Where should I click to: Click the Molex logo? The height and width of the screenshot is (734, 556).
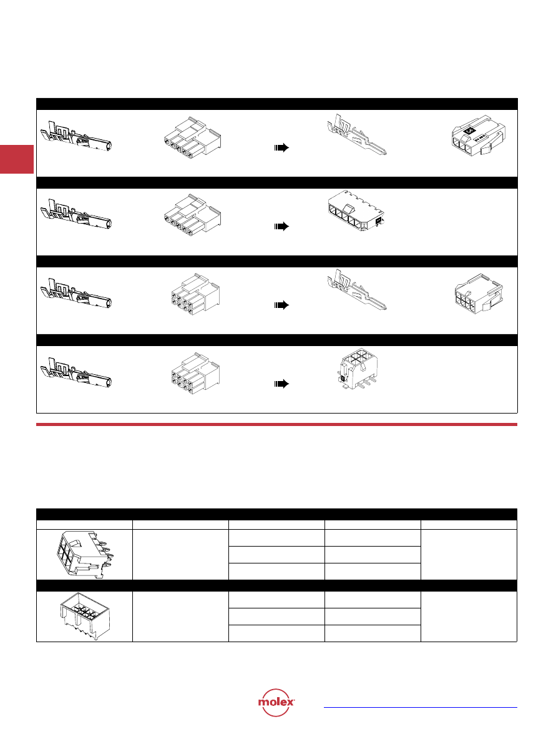[276, 703]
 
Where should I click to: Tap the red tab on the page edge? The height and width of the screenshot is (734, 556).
[17, 159]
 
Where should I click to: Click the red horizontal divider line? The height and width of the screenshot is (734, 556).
[277, 425]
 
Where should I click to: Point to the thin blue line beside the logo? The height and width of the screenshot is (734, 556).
[421, 707]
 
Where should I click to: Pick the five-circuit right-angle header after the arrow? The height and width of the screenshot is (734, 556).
[356, 211]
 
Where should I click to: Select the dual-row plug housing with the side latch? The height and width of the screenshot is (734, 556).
[479, 294]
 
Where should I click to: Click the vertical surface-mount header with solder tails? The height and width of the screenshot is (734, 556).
[358, 369]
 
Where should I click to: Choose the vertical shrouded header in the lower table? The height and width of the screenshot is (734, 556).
[85, 616]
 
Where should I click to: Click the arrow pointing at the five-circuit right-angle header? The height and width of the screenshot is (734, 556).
[281, 227]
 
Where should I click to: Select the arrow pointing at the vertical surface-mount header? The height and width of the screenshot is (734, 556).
[281, 384]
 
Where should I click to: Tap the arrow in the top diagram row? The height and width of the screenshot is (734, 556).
[281, 148]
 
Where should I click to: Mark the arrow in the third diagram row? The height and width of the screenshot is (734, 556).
[281, 305]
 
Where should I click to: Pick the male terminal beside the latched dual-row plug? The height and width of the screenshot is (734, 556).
[357, 290]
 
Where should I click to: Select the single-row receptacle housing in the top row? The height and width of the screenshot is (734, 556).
[193, 139]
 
